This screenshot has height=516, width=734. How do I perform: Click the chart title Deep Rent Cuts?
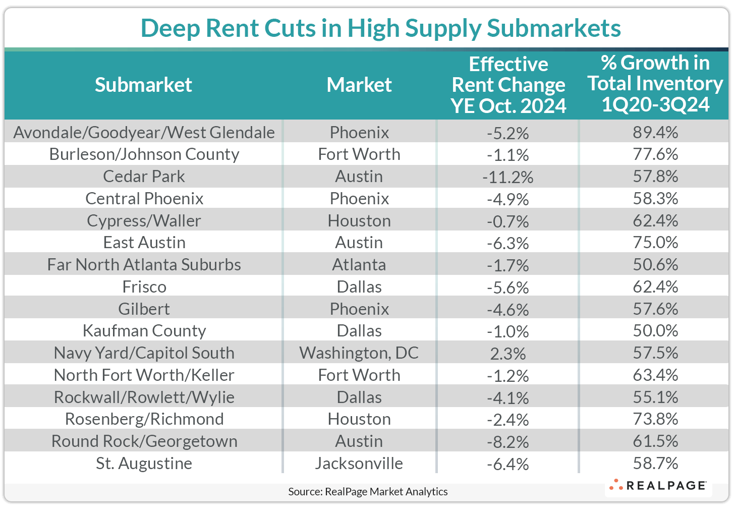[380, 28]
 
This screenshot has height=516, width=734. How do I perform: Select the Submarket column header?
[143, 85]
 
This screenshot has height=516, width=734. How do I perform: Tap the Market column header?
[359, 85]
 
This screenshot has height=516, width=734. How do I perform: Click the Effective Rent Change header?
[508, 85]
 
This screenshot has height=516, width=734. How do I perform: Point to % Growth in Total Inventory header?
[655, 84]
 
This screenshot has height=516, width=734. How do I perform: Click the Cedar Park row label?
[144, 177]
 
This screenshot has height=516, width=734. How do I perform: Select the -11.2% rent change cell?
[507, 177]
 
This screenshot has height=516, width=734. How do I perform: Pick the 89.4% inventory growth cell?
[655, 133]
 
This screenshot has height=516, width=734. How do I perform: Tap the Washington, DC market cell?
[359, 353]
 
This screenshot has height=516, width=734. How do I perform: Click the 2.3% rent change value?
[507, 354]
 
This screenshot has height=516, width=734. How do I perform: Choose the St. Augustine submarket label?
[144, 464]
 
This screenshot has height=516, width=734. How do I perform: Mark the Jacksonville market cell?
[359, 464]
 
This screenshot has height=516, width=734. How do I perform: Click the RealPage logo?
[658, 486]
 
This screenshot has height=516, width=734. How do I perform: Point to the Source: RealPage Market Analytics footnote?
[368, 492]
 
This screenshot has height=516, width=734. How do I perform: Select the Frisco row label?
[144, 287]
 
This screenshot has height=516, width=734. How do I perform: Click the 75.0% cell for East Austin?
[655, 243]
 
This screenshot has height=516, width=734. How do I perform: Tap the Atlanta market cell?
[359, 265]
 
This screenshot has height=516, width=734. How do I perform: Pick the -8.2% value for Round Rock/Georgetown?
[507, 442]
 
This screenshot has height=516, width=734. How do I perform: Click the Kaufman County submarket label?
[144, 331]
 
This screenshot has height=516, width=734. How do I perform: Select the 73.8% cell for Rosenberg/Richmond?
[655, 419]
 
